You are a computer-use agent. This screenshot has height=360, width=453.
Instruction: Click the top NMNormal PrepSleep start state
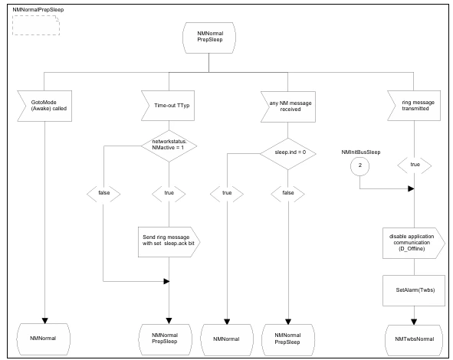(x=209, y=38)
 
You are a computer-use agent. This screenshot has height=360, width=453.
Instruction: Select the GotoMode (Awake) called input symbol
(x=44, y=106)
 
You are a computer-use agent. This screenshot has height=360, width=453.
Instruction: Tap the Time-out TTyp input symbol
(x=168, y=106)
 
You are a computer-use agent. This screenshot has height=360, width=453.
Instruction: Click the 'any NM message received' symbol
(x=288, y=106)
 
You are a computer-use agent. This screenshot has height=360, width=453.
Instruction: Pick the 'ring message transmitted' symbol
(x=414, y=106)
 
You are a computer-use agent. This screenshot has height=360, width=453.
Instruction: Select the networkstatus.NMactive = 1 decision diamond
(x=169, y=146)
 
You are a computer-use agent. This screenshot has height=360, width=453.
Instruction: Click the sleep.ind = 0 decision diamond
(x=288, y=153)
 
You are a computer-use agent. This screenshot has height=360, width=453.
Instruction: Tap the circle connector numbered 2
(x=359, y=165)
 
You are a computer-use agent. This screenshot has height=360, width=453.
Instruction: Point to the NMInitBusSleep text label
(x=361, y=152)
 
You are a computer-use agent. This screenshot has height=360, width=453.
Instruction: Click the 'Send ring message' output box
(x=169, y=242)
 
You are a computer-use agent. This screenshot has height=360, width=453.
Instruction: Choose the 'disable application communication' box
(x=414, y=243)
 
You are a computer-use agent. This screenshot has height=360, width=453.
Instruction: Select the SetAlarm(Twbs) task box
(x=414, y=290)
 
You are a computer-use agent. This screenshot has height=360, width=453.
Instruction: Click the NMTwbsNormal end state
(x=414, y=340)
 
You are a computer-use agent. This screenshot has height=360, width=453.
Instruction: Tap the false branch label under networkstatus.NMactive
(x=103, y=193)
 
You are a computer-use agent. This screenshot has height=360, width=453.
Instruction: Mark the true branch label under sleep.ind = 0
(x=227, y=193)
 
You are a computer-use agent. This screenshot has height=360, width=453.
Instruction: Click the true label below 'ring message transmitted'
(x=415, y=165)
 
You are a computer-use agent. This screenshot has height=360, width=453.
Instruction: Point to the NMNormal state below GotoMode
(x=44, y=339)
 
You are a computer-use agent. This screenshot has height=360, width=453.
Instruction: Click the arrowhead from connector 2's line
(x=411, y=188)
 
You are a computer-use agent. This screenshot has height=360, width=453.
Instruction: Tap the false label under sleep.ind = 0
(x=288, y=193)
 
